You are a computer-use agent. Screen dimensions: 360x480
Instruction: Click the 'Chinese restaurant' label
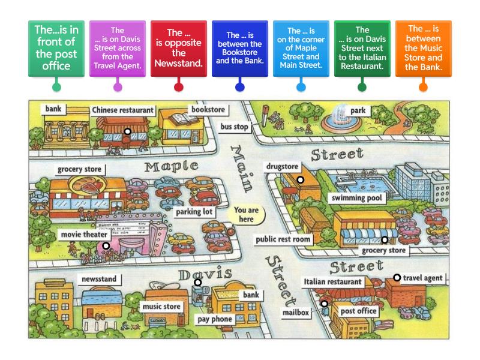123,110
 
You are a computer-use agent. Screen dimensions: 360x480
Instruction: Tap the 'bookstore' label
208,110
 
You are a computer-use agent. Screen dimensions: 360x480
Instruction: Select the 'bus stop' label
234,127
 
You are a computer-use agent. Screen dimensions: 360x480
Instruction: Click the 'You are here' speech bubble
246,215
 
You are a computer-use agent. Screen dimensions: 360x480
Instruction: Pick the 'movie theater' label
83,234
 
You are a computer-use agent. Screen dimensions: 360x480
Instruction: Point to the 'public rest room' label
284,239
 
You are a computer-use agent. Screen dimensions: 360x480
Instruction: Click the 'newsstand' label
99,279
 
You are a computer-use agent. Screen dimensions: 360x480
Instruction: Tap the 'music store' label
161,307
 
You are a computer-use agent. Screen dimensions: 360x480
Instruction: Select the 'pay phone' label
214,319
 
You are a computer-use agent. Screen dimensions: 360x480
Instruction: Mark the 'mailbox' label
295,312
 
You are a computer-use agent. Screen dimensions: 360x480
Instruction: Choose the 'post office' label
359,311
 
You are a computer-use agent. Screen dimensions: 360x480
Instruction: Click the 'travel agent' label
423,278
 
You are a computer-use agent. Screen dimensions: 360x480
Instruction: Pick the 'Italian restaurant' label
333,281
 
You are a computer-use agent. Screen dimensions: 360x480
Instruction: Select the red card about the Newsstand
178,49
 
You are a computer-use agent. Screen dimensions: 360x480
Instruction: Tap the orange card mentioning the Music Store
423,49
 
